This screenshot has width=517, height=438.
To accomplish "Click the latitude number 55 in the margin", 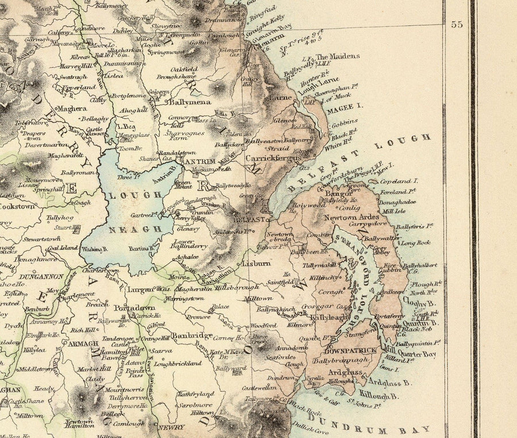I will point(456,25).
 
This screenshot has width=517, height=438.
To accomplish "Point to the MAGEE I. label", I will point(348,106).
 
